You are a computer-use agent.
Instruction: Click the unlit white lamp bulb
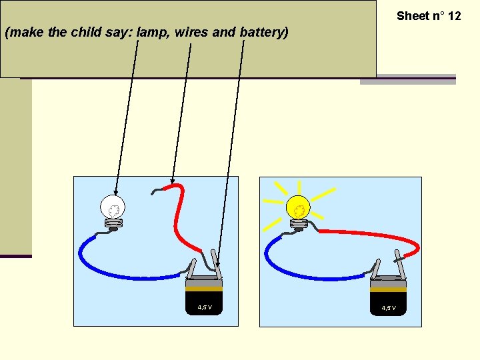pos(113,207)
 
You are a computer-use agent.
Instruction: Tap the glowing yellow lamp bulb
pos(299,209)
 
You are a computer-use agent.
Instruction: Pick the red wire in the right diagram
pos(373,236)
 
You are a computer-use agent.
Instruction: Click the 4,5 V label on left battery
pos(205,307)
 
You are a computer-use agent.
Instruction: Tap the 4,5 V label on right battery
pos(389,307)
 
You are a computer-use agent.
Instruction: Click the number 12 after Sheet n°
pos(453,15)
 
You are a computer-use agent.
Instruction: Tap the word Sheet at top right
pos(412,15)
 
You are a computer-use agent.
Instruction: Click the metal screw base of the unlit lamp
pos(113,224)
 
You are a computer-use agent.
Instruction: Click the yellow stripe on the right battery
pos(389,289)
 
